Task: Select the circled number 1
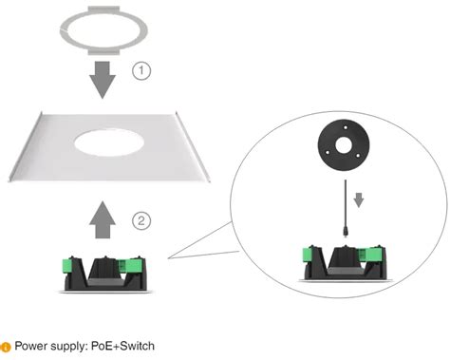[x=141, y=71]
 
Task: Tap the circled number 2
[x=141, y=221]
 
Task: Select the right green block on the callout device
[x=377, y=255]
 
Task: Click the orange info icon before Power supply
[x=6, y=347]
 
